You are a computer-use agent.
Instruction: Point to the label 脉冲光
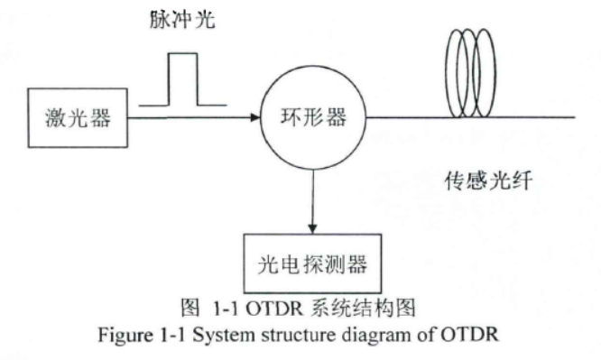tap(183, 20)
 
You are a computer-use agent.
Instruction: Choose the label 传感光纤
tap(487, 180)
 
